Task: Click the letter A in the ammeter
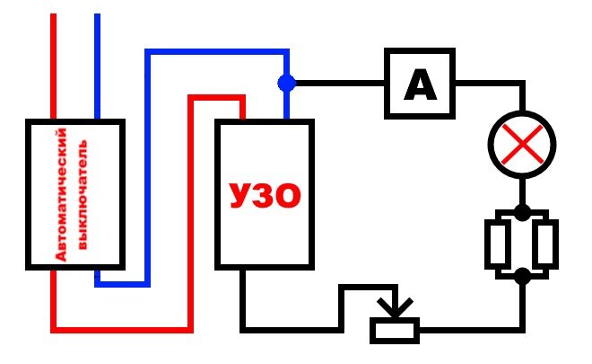click(x=420, y=86)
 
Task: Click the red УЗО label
click(x=265, y=194)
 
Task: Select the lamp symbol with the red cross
click(x=521, y=144)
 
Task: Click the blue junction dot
click(x=286, y=84)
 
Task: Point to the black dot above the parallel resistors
click(x=522, y=214)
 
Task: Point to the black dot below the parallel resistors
click(x=522, y=274)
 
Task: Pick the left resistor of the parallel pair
click(x=500, y=244)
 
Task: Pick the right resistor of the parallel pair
click(x=544, y=244)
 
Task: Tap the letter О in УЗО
click(x=290, y=194)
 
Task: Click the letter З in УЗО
click(x=265, y=194)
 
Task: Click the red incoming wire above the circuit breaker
click(x=54, y=63)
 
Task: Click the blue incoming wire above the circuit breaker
click(x=97, y=63)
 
